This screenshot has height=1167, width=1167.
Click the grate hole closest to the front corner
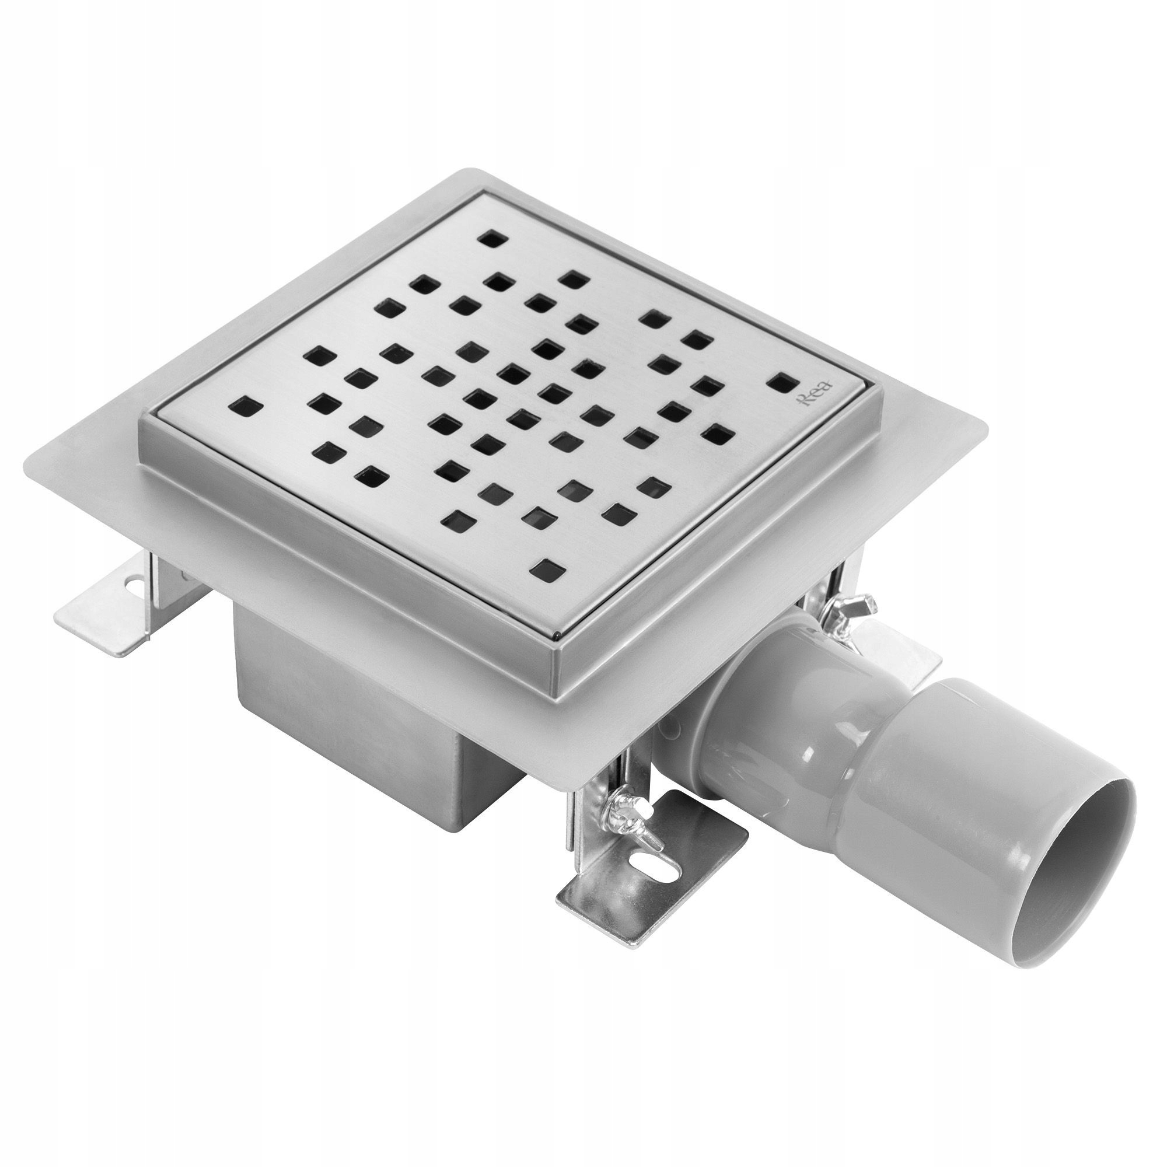tap(546, 568)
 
